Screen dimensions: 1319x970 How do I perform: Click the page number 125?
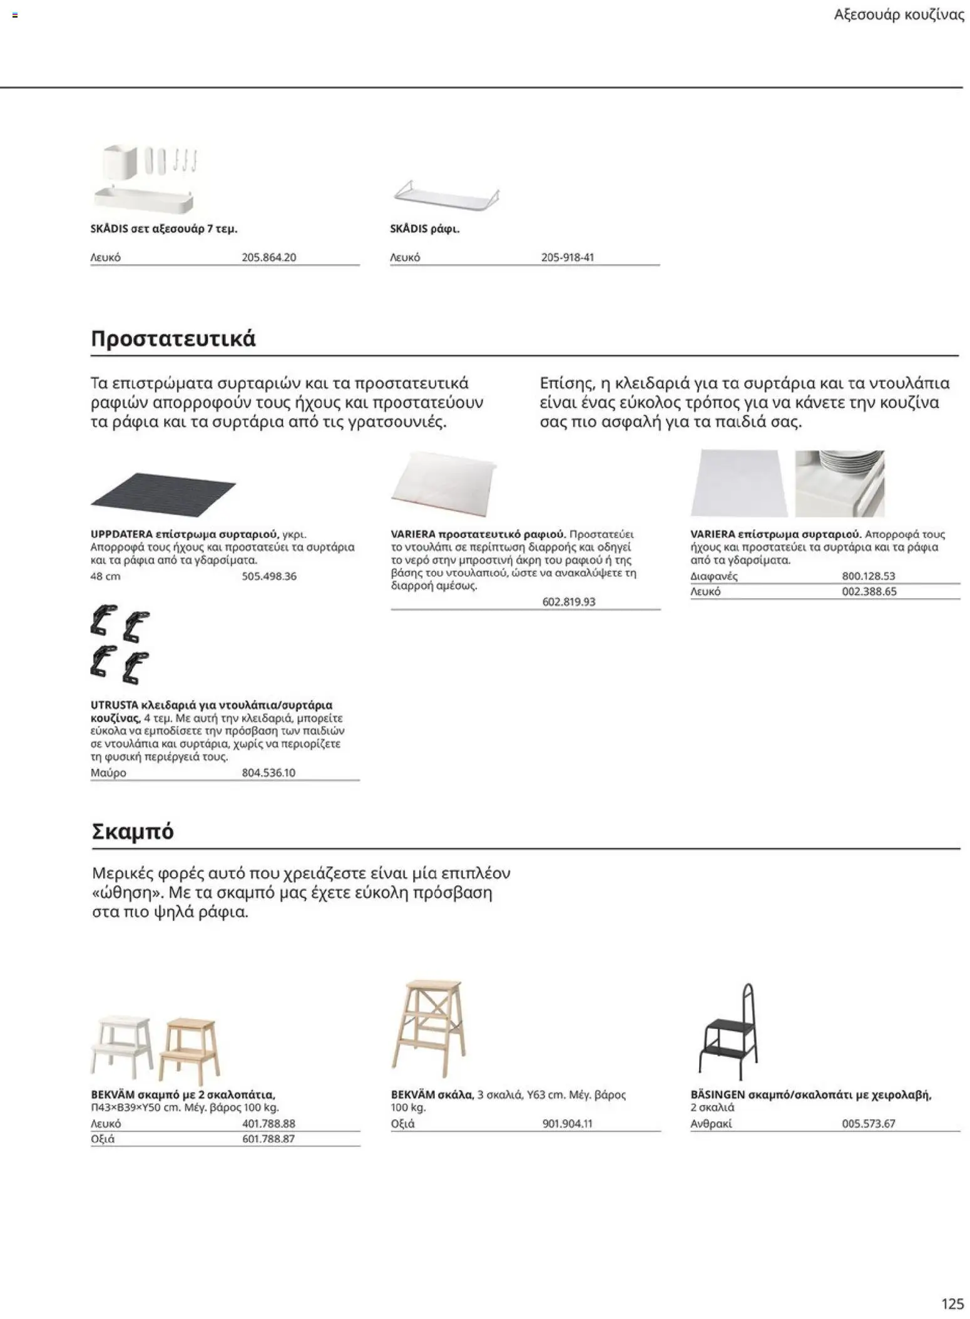pos(952,1303)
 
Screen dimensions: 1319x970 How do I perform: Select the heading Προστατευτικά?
pos(173,339)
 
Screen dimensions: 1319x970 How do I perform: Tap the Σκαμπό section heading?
pos(132,832)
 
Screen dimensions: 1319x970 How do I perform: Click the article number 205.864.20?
pos(268,257)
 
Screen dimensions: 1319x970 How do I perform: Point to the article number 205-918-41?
pos(567,257)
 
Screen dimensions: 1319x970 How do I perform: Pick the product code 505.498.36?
pos(268,576)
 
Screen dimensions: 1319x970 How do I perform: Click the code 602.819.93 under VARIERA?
pos(568,602)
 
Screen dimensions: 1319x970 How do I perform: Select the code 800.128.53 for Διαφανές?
pos(868,576)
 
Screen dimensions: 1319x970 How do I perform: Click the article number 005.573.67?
pos(868,1124)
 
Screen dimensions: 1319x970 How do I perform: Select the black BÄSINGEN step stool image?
pos(729,1032)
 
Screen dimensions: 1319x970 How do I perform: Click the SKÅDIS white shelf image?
pos(446,195)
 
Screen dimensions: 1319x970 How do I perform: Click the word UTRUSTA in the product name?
pos(114,705)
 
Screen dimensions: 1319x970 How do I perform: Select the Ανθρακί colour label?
pos(711,1124)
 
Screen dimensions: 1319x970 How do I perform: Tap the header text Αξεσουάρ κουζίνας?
pos(899,15)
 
